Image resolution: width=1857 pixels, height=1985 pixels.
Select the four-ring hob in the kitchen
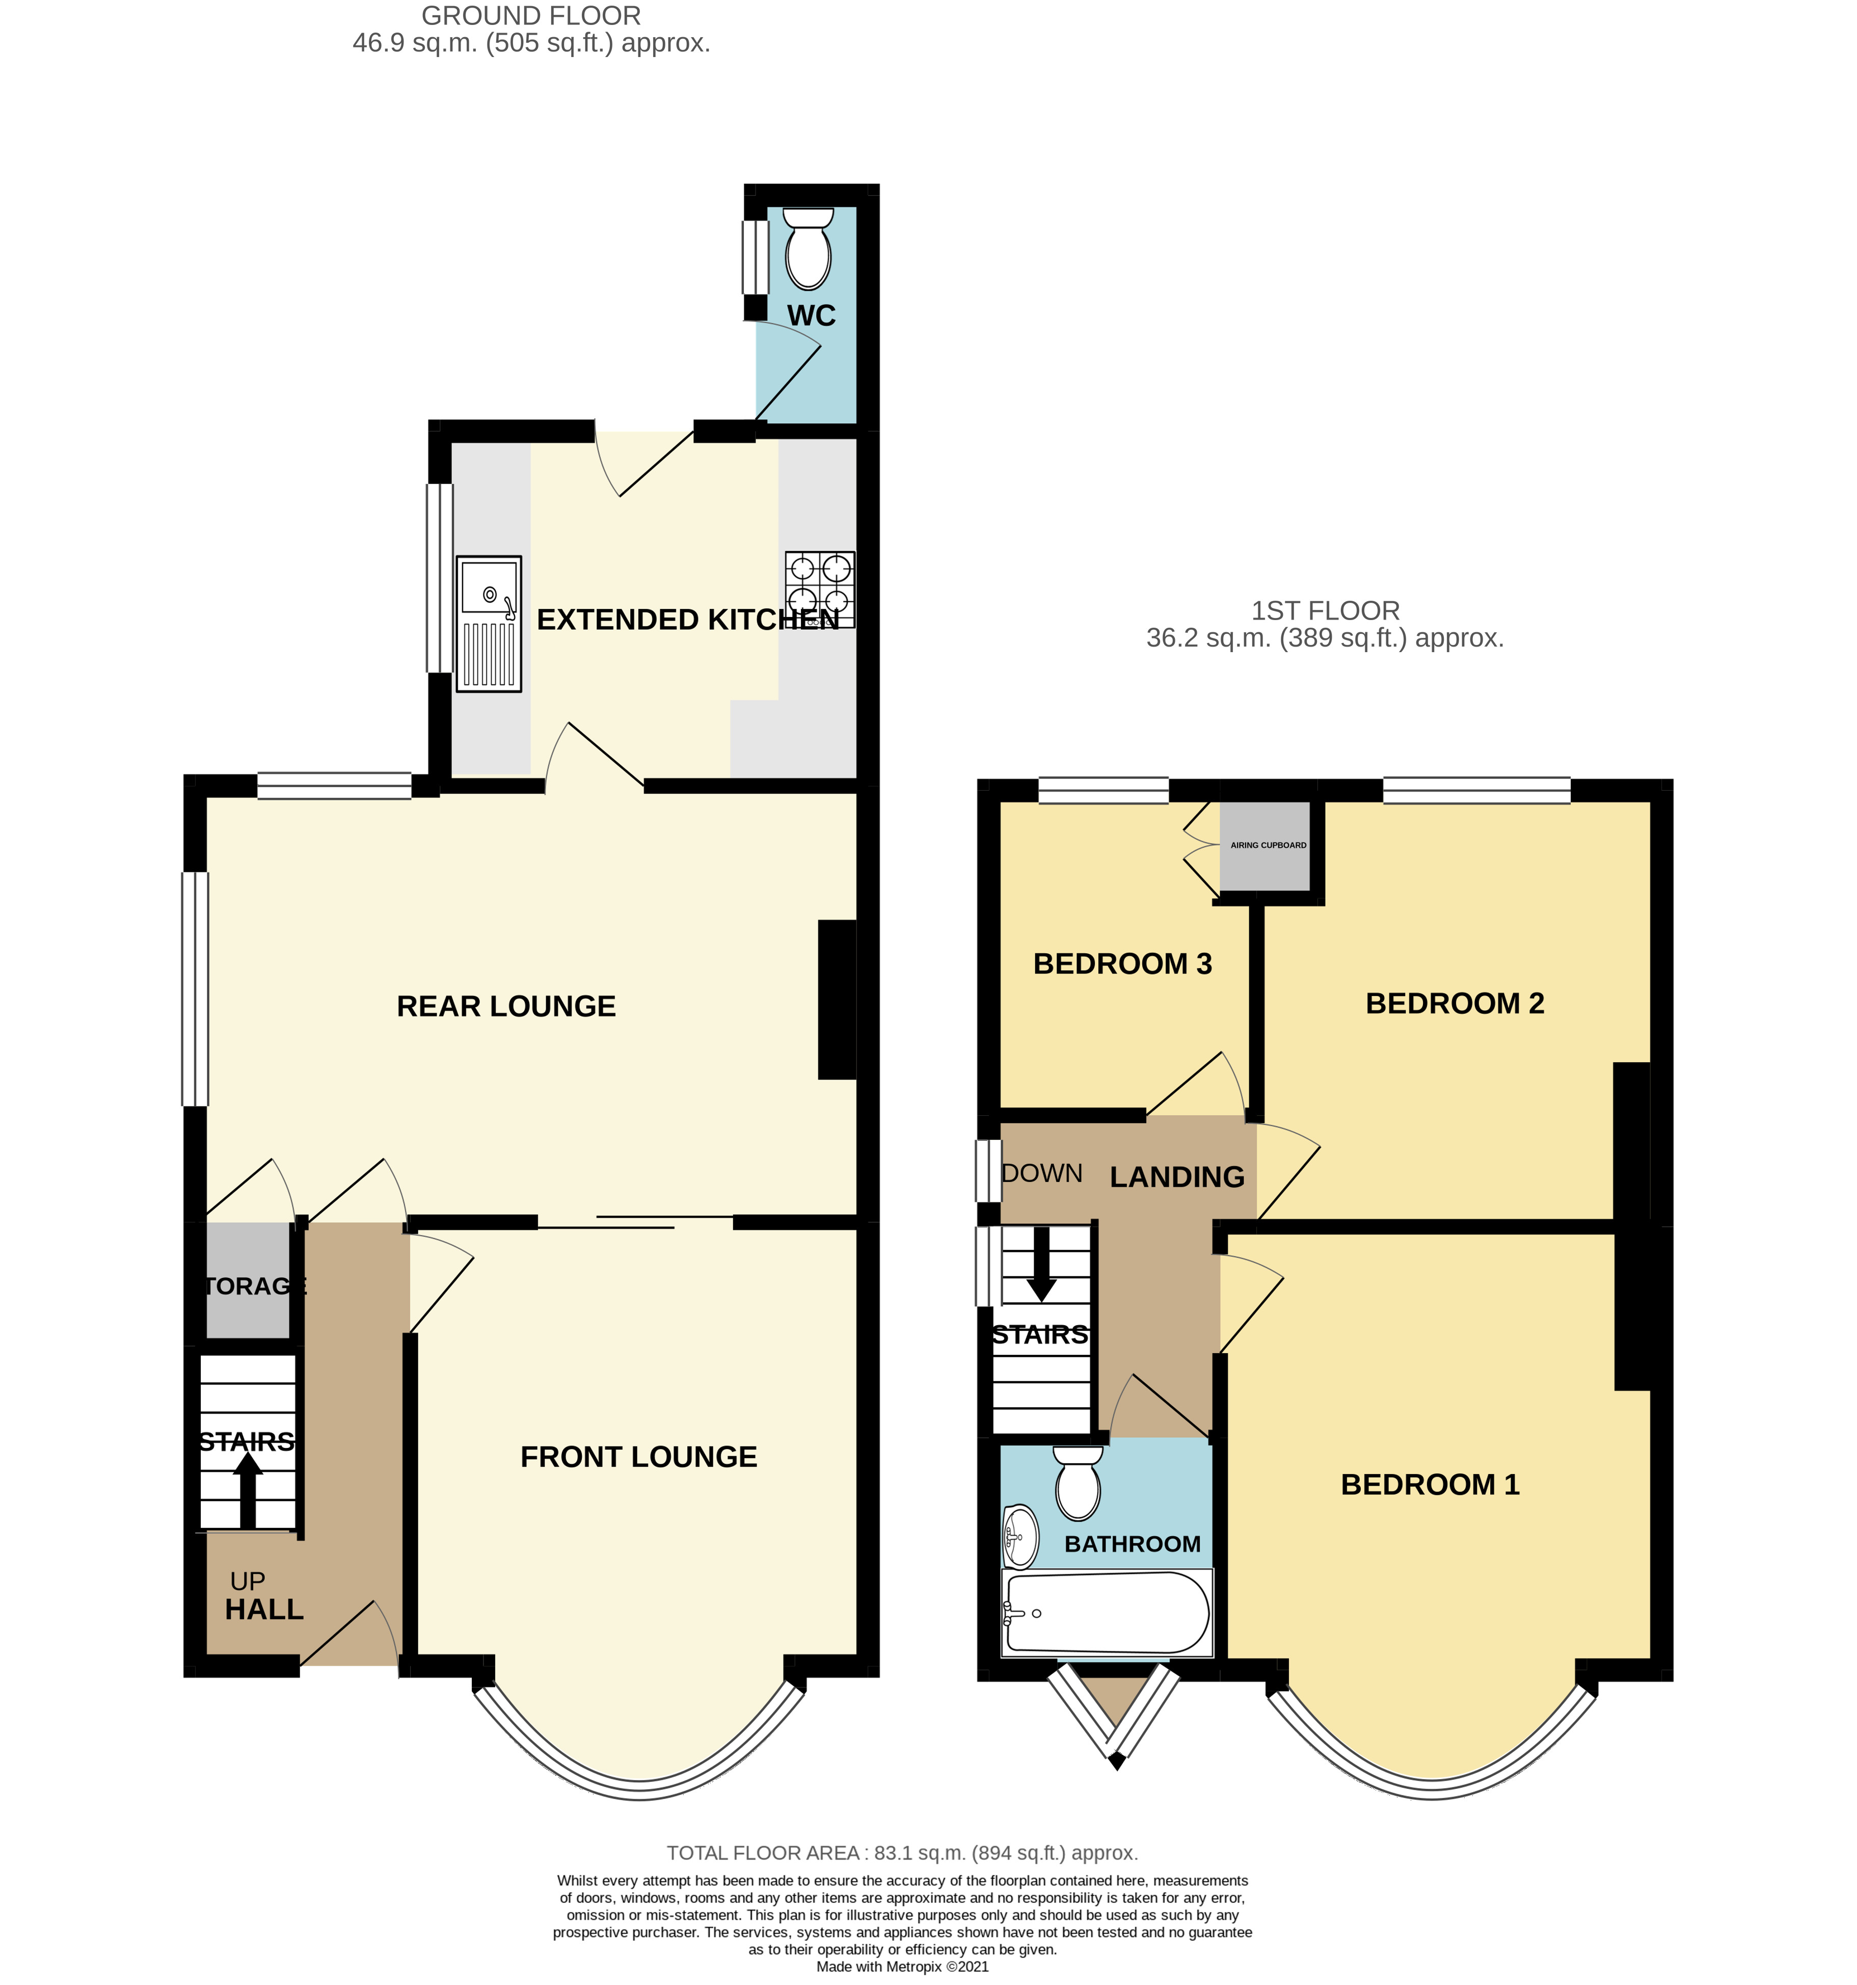point(819,589)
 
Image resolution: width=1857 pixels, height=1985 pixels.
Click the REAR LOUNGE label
point(506,1006)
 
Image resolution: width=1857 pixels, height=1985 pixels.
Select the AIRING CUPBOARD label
point(1268,845)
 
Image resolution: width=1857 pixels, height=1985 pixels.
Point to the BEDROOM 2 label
point(1455,1004)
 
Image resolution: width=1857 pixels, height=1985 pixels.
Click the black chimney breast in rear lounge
point(837,999)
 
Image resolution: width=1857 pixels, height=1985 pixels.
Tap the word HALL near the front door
point(263,1610)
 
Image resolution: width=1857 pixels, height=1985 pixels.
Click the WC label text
point(811,315)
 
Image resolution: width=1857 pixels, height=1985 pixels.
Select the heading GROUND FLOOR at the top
point(531,16)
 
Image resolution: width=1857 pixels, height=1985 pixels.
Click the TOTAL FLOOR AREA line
point(902,1853)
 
